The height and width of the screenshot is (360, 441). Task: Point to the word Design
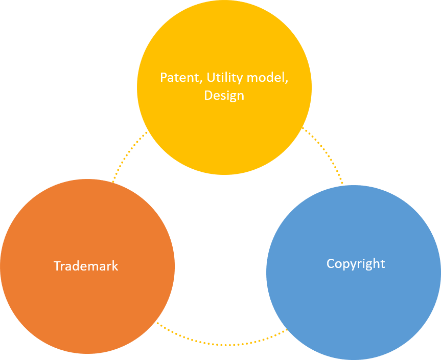pos(224,96)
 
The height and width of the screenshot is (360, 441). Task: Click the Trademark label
pos(86,266)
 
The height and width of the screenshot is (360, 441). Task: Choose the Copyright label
pos(356,263)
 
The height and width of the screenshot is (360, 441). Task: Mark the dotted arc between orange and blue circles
pos(220,343)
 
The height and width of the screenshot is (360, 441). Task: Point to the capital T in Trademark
pos(57,266)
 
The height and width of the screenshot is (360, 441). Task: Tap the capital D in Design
pos(208,96)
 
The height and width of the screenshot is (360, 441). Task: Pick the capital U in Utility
pos(210,78)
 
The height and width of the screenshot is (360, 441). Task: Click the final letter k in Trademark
pos(115,266)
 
